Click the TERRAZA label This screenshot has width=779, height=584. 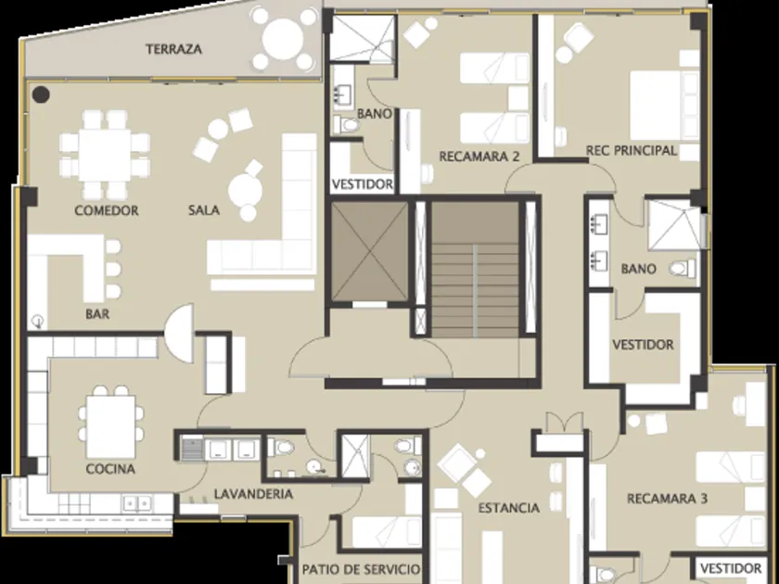click(x=174, y=49)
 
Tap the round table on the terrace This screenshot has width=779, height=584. click(x=283, y=39)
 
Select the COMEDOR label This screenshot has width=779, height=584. click(x=107, y=210)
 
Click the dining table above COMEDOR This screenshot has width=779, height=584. click(x=105, y=155)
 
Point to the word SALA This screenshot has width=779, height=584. click(x=204, y=210)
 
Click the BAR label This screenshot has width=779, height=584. click(x=97, y=314)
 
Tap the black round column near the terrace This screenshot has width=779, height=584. click(x=41, y=95)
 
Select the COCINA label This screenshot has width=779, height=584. click(x=110, y=469)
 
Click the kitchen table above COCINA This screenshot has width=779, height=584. click(x=110, y=426)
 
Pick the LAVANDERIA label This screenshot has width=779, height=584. click(x=253, y=494)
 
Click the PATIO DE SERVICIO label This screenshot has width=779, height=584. click(x=361, y=569)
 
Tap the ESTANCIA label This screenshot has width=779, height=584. click(x=509, y=508)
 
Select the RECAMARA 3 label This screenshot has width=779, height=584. click(x=667, y=499)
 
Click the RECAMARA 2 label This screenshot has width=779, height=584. click(x=479, y=157)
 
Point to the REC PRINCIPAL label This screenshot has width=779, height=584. click(x=632, y=150)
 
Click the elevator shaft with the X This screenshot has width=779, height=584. click(x=370, y=251)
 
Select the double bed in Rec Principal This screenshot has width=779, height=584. click(x=665, y=106)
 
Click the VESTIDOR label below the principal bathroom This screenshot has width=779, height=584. click(x=643, y=345)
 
